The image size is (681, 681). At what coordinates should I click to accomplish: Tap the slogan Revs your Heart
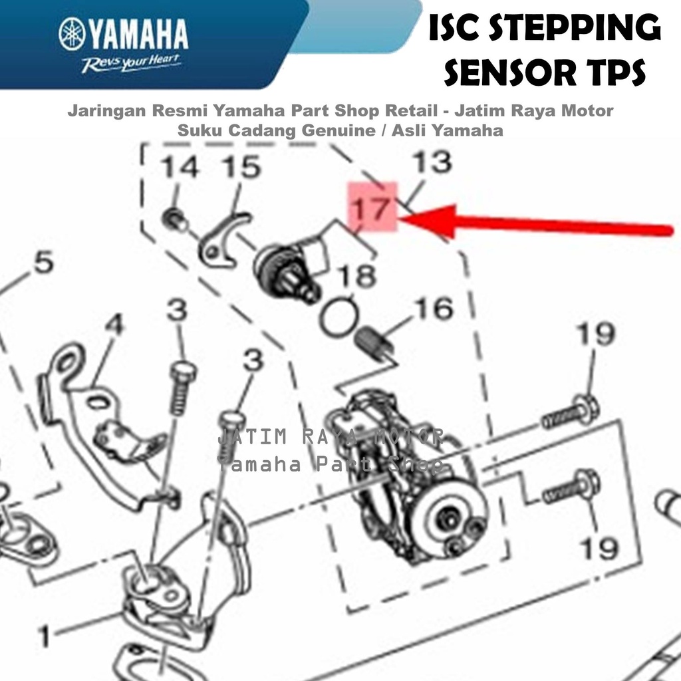coord(130,63)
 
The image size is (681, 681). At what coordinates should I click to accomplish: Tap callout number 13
coord(432,162)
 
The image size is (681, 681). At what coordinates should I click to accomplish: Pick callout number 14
coord(180,167)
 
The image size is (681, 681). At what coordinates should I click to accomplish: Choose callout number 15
coord(241,167)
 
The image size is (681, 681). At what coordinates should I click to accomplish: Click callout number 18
coord(356,276)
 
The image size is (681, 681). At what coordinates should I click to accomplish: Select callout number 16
coord(434,309)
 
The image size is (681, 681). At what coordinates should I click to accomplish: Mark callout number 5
coord(44,262)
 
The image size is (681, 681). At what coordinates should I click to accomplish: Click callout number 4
coord(114,325)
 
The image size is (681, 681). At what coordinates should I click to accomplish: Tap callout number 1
coord(45,636)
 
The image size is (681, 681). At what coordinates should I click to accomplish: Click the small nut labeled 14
coord(175,219)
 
